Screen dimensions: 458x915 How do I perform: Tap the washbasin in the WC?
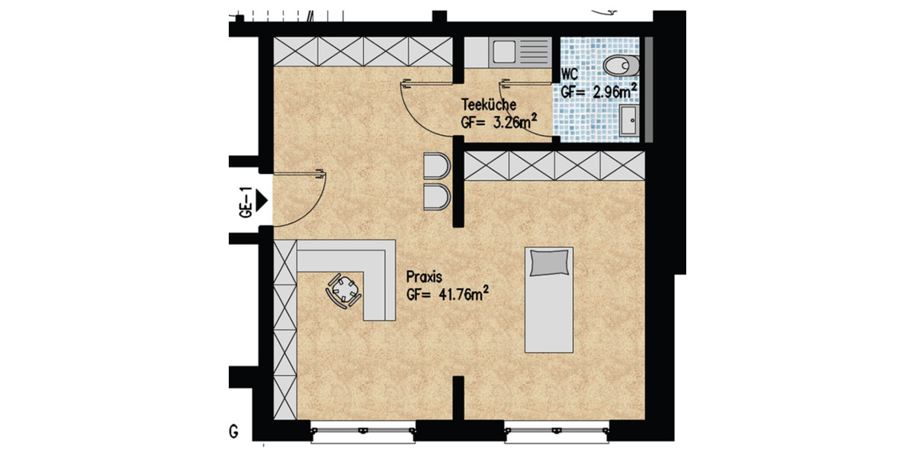tap(629, 121)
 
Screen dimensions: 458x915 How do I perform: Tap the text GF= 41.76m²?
tap(448, 293)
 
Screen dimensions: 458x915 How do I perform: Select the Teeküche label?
tap(488, 105)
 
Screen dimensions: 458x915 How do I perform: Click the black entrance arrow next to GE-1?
tap(262, 201)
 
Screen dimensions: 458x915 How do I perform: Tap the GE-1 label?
tap(246, 202)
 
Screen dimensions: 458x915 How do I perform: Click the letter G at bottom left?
tap(233, 432)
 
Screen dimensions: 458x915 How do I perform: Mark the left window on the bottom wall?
tap(364, 433)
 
